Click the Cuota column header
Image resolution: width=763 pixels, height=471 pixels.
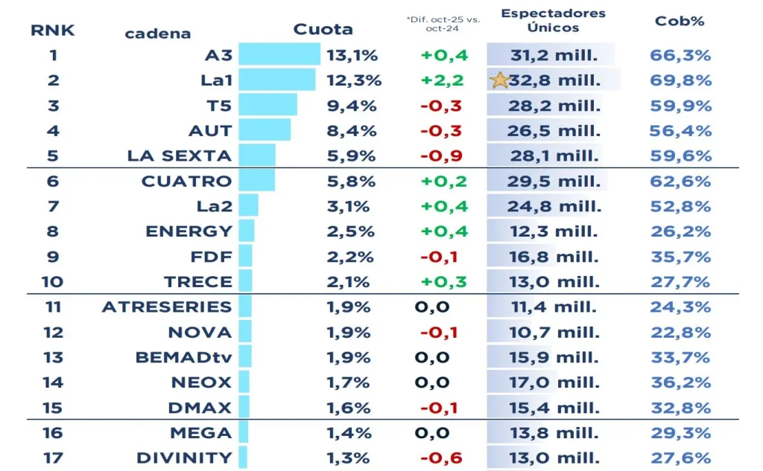(x=323, y=30)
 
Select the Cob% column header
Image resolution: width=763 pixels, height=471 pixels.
(x=680, y=21)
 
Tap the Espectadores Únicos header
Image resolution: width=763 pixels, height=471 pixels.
(x=553, y=21)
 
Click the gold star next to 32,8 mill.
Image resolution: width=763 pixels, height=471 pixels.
(x=500, y=80)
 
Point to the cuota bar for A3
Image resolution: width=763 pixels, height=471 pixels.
(x=279, y=55)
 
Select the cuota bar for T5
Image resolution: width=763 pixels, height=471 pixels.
(x=267, y=105)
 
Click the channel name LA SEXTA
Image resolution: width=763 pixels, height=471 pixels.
(x=180, y=156)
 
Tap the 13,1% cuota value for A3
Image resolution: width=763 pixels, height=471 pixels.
(x=352, y=55)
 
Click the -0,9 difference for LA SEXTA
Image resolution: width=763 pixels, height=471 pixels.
(x=441, y=156)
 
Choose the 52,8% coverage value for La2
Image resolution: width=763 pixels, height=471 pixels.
(x=681, y=206)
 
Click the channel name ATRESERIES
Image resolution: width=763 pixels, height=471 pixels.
(x=167, y=307)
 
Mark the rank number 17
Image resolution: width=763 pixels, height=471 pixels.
(x=52, y=458)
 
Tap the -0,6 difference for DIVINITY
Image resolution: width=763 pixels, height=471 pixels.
(x=441, y=458)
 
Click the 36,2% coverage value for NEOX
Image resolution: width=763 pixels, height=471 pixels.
(x=681, y=382)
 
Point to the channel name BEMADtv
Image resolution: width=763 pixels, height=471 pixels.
(x=183, y=357)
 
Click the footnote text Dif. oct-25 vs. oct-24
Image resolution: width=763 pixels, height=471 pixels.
(x=442, y=24)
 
